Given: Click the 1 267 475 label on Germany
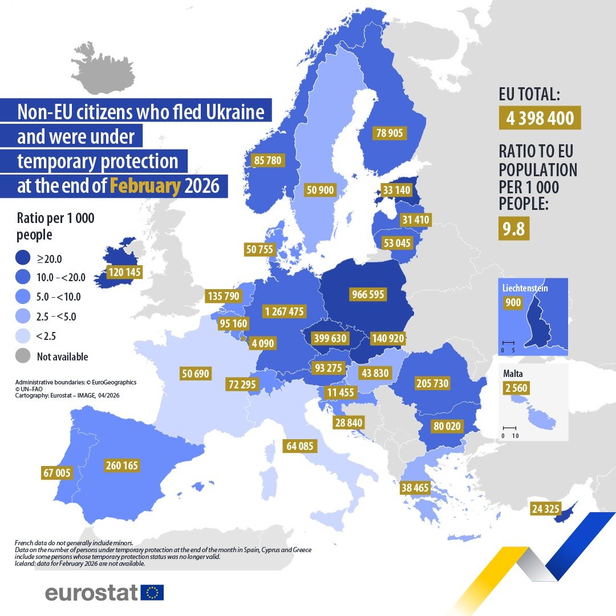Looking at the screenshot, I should (x=285, y=311).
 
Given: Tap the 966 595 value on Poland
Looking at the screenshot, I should (x=368, y=294).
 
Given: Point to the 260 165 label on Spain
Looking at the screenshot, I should (x=122, y=465).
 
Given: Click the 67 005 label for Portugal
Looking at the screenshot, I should (x=56, y=472).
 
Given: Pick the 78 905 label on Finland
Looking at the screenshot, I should (x=389, y=133).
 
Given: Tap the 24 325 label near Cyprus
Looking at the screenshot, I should (x=545, y=508).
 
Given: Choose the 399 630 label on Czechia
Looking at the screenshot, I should (x=330, y=338).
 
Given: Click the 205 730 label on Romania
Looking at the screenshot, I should (x=432, y=383).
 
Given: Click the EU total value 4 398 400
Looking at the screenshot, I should (x=540, y=119).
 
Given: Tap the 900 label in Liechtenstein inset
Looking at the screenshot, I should (x=513, y=302).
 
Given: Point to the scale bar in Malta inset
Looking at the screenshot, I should (x=509, y=428).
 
